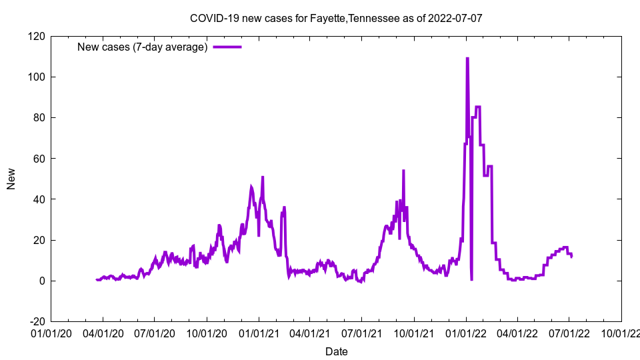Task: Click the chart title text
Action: [x=336, y=18]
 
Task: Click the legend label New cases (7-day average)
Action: [x=143, y=47]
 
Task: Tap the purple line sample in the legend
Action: [x=227, y=47]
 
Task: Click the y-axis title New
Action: [x=11, y=179]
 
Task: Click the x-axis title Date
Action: [x=336, y=351]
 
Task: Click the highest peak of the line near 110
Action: [x=467, y=59]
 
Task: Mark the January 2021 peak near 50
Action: [x=263, y=177]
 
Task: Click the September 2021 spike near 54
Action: [x=403, y=171]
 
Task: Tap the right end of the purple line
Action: [x=571, y=257]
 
